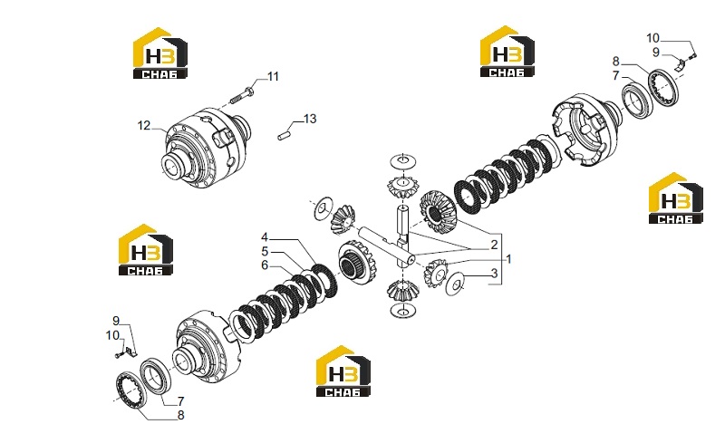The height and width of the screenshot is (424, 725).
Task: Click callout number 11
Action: pos(274,76)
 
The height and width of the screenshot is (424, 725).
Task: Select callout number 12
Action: pos(144,125)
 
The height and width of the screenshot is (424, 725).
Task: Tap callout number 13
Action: pos(310,119)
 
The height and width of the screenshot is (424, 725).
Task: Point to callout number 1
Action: pos(508,259)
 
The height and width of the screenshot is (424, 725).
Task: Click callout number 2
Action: pos(494,245)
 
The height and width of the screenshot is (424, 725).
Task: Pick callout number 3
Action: pos(494,274)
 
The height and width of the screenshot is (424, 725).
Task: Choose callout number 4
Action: pos(265,237)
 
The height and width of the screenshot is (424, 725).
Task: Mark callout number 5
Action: pos(265,252)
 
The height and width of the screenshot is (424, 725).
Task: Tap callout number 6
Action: pos(265,265)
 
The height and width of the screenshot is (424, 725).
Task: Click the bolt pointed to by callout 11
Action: pos(242,95)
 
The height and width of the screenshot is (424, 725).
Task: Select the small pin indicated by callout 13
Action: pos(283,136)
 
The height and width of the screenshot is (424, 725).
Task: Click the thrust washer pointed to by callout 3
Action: pos(455,283)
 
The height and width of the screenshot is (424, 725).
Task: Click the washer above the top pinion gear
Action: pos(403,162)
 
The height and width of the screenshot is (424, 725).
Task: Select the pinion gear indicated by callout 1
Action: pos(436,274)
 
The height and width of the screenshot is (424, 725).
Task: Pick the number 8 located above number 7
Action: pos(616,62)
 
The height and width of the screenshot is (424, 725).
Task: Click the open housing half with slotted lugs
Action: pos(585,130)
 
